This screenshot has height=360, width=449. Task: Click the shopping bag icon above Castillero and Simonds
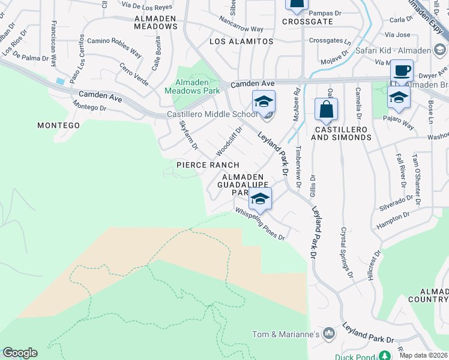[x=326, y=110]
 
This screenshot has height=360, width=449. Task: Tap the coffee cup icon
[x=402, y=70]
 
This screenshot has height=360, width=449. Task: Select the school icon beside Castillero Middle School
[x=264, y=102]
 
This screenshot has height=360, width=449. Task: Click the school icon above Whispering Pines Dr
[x=260, y=199]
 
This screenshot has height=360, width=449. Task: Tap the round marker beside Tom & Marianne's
[x=328, y=332]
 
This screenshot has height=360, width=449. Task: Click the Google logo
[x=20, y=353]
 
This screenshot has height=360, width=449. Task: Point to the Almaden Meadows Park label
[x=192, y=86]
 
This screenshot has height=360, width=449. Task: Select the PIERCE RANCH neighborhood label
[x=208, y=165]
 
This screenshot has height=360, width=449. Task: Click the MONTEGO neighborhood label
[x=58, y=125]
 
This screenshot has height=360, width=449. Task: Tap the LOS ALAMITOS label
[x=241, y=41]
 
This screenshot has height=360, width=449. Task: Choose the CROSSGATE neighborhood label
[x=307, y=20]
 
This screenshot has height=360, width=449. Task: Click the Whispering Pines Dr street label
[x=260, y=223]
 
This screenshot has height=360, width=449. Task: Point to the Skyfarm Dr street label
[x=188, y=134]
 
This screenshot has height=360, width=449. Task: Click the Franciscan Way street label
[x=55, y=43]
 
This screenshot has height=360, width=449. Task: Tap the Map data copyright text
[x=424, y=355]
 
